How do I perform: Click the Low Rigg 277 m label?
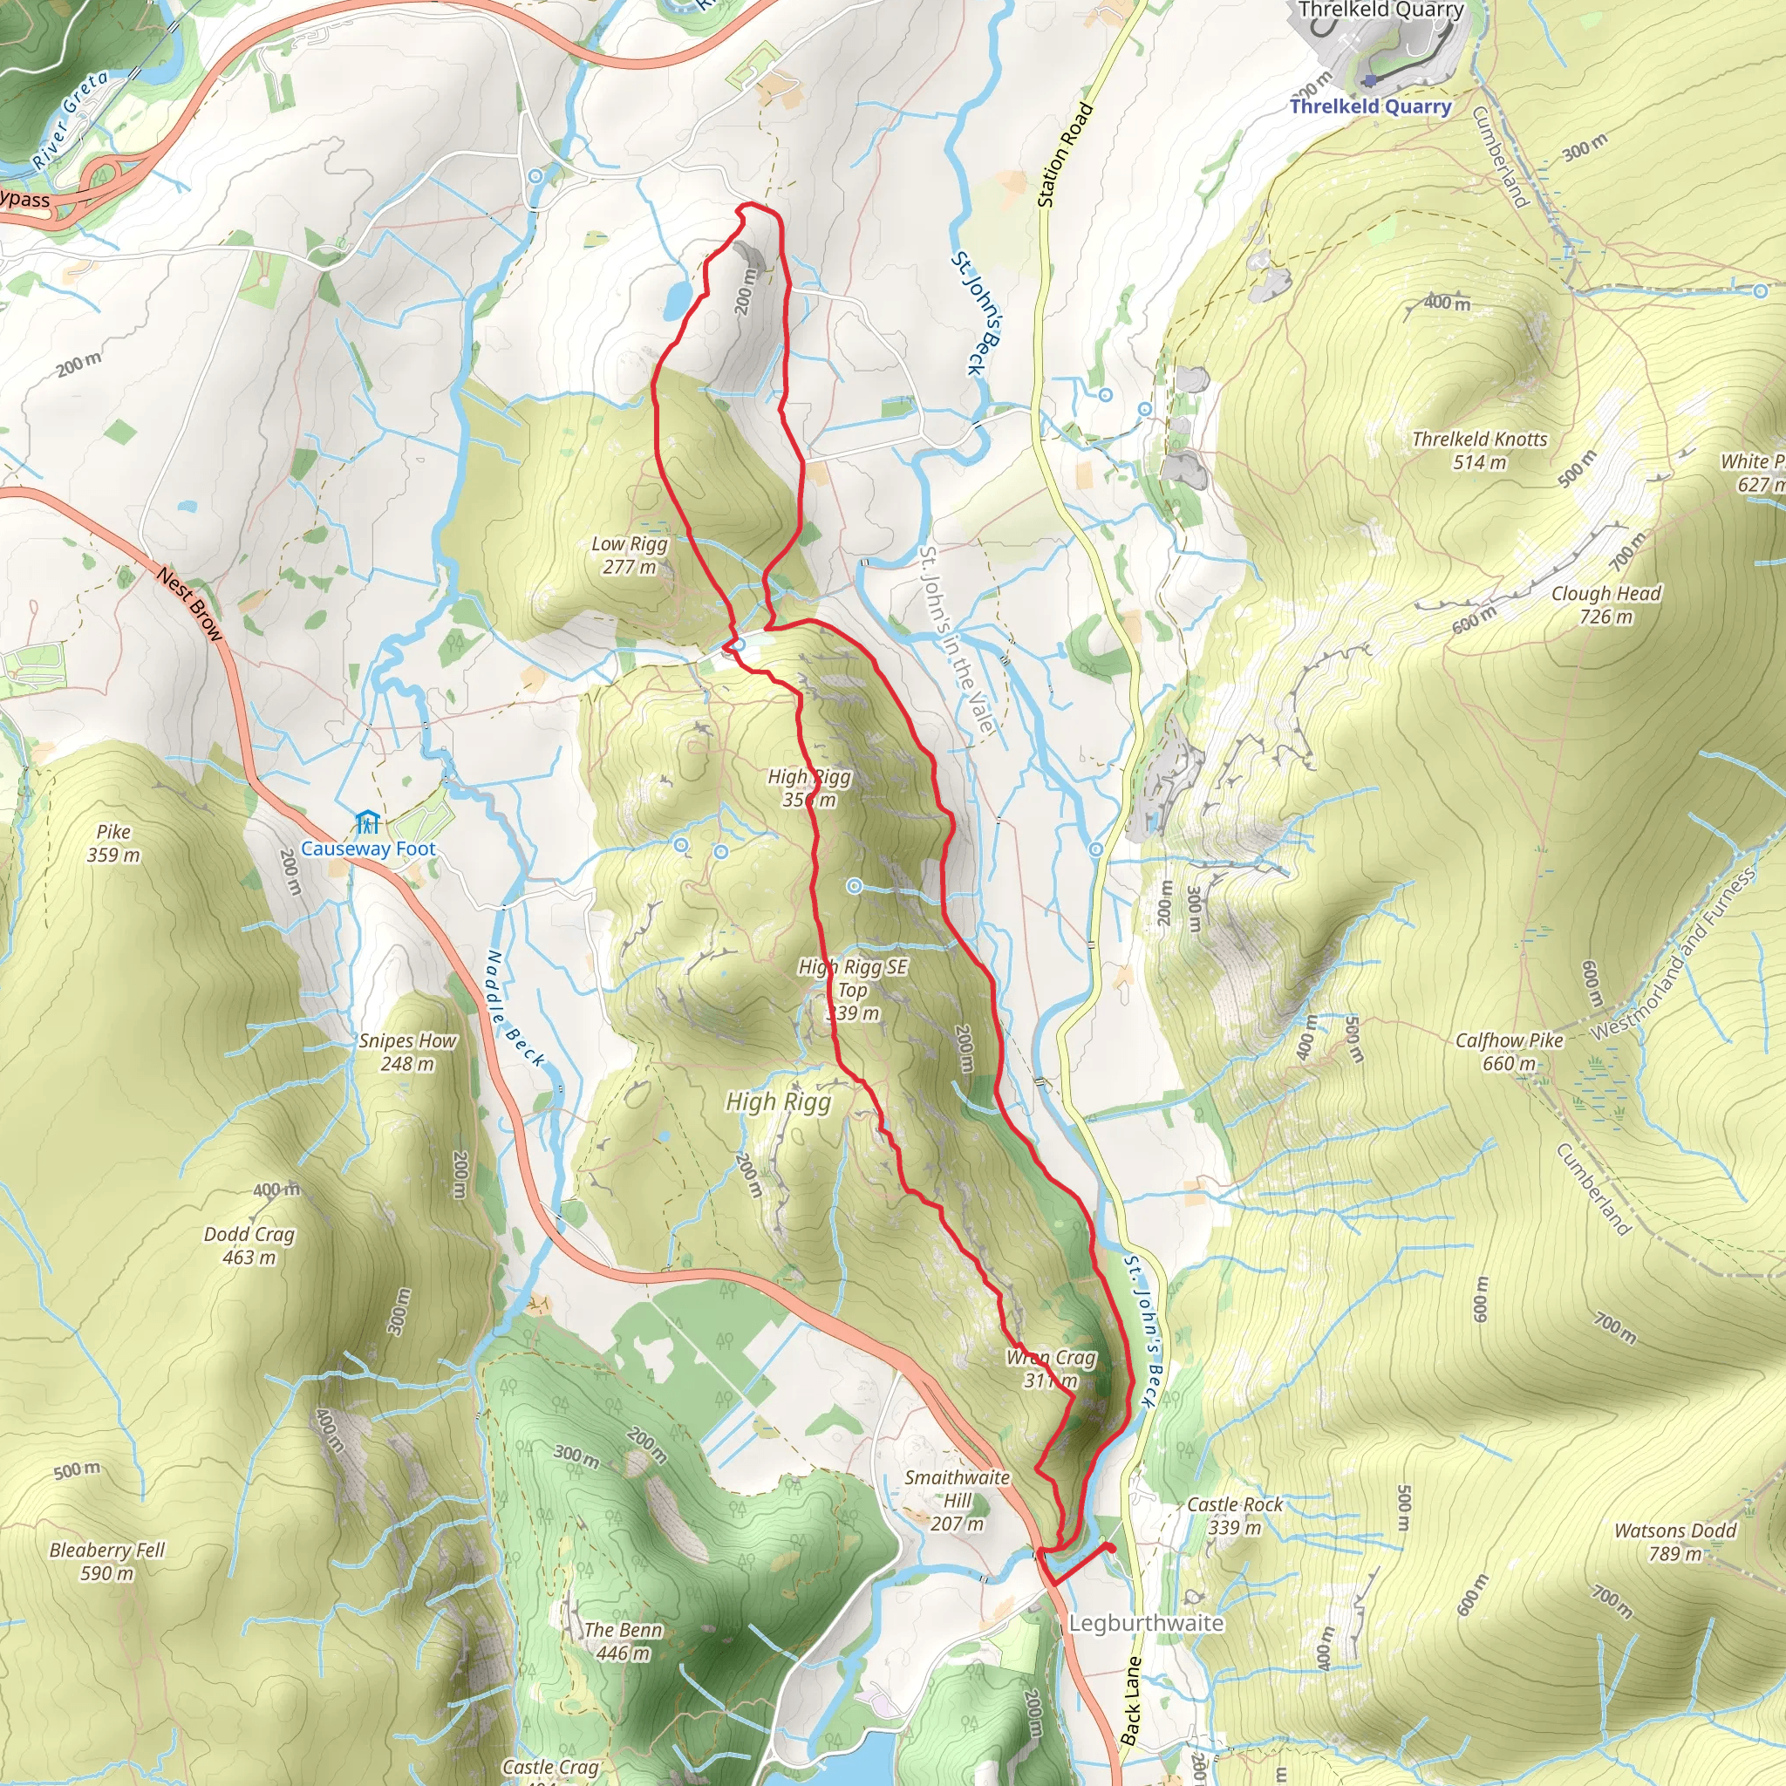pos(629,556)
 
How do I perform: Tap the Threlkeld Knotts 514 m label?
pos(1479,450)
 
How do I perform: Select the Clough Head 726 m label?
pos(1605,604)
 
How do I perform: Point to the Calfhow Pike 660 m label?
pos(1509,1051)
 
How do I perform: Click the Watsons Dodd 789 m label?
pos(1674,1542)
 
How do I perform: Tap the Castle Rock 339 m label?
pos(1234,1515)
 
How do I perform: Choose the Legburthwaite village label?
pos(1145,1623)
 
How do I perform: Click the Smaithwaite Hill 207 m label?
pos(957,1500)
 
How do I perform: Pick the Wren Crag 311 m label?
pos(1051,1368)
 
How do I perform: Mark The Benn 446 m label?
pos(622,1641)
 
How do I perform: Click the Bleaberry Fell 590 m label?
pos(107,1561)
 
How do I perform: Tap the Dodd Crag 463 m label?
pos(249,1245)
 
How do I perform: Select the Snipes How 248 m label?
pos(407,1052)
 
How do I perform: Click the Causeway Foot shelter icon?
pos(367,821)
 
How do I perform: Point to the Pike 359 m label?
pos(113,843)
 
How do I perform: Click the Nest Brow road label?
pos(190,604)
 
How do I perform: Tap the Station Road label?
pos(1065,154)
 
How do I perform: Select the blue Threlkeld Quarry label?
pos(1370,106)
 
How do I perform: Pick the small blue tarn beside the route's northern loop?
pos(677,298)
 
